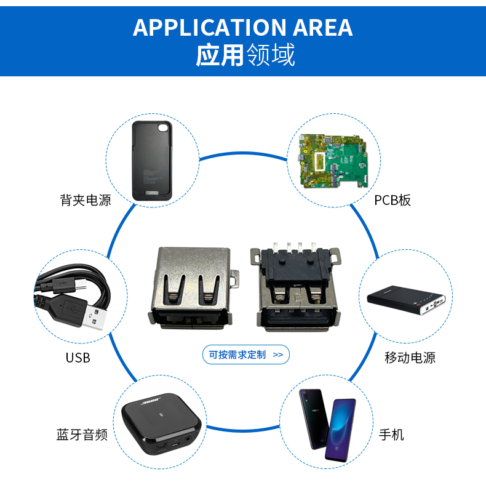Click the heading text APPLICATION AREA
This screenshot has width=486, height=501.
pyautogui.click(x=242, y=28)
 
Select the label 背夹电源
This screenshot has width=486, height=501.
pyautogui.click(x=86, y=200)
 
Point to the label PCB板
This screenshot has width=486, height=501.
pyautogui.click(x=392, y=200)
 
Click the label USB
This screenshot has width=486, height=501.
pyautogui.click(x=78, y=358)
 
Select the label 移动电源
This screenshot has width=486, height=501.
pyautogui.click(x=410, y=358)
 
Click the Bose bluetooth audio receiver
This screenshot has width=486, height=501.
pyautogui.click(x=161, y=425)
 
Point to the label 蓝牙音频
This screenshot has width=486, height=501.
pyautogui.click(x=82, y=435)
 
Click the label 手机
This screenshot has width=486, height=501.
pyautogui.click(x=391, y=435)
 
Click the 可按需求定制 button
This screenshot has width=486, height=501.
pyautogui.click(x=245, y=355)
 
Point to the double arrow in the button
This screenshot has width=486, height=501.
pyautogui.click(x=277, y=355)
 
